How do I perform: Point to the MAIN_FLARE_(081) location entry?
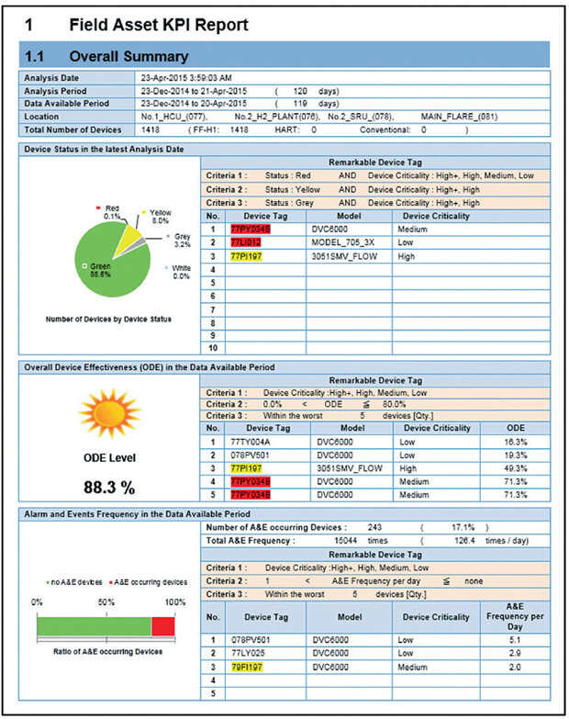[x=457, y=118]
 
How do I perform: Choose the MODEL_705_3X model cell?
[x=342, y=242]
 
